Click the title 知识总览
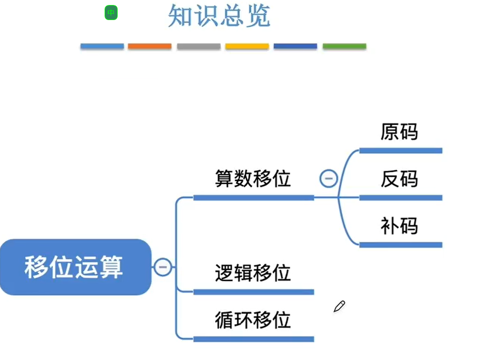[219, 16]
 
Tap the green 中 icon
[111, 13]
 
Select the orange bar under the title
[150, 46]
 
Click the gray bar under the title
[198, 46]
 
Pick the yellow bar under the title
[247, 46]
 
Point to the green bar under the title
[344, 46]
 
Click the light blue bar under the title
[102, 46]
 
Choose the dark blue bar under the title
[295, 46]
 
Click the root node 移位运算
[75, 267]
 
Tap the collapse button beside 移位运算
[162, 267]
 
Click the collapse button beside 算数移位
[328, 178]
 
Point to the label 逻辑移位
[253, 273]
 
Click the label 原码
[399, 132]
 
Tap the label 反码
[399, 179]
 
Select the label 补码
[399, 226]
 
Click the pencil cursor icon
[339, 306]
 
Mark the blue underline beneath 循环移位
[253, 339]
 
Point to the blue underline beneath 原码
[400, 150]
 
